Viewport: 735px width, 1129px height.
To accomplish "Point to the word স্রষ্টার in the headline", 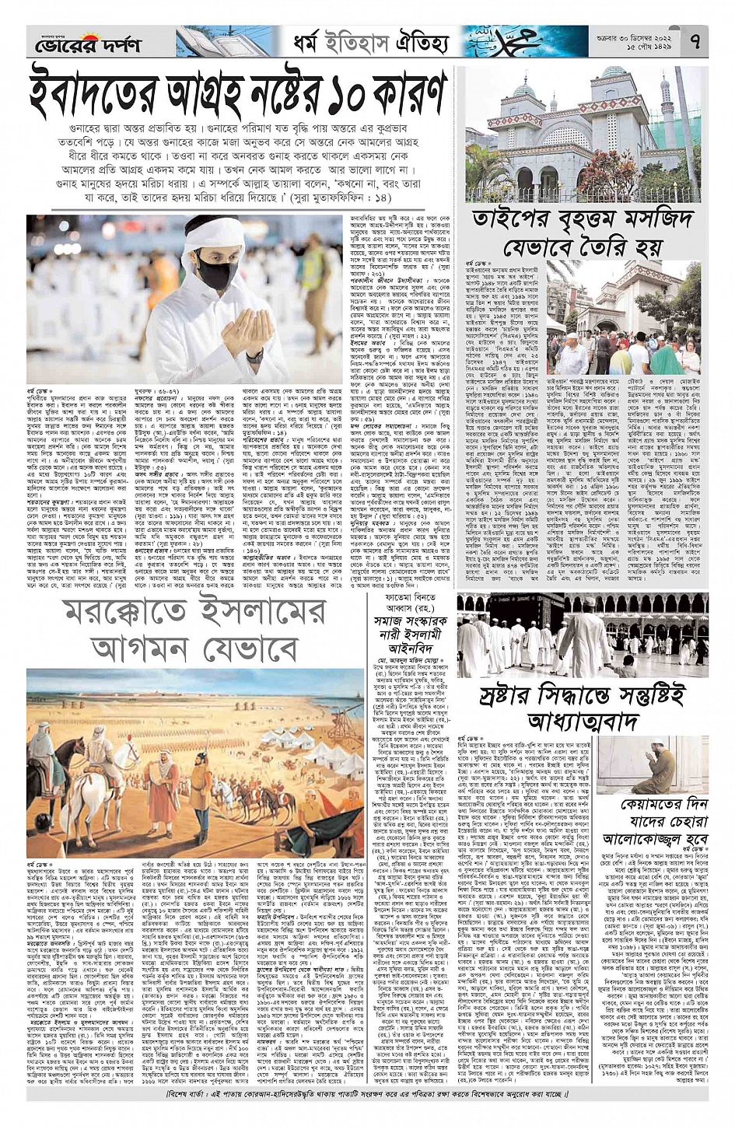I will [x=516, y=692].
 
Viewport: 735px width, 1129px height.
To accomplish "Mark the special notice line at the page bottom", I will [x=367, y=1097].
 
